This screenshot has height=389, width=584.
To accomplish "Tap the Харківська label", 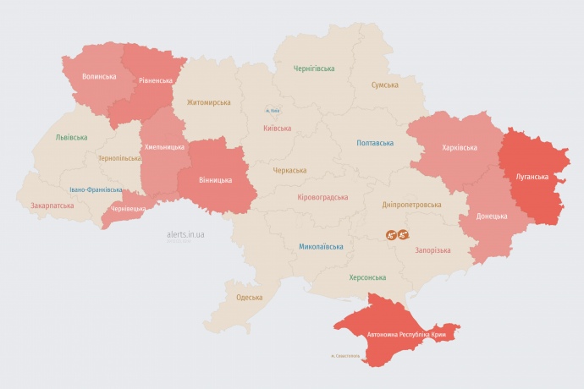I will pyautogui.click(x=459, y=147).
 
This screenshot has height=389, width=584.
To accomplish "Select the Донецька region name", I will pyautogui.click(x=492, y=216).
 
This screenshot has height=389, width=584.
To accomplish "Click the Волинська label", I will pyautogui.click(x=99, y=76).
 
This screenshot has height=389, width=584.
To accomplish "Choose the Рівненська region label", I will pyautogui.click(x=157, y=81).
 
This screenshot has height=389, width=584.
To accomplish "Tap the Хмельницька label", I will pyautogui.click(x=164, y=147).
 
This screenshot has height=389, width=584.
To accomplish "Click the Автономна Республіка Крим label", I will pyautogui.click(x=406, y=335).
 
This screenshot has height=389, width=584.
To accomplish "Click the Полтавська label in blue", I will pyautogui.click(x=374, y=143).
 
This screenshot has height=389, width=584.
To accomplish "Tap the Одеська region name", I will pyautogui.click(x=249, y=298).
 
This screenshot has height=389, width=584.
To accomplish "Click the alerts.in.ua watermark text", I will pyautogui.click(x=186, y=233).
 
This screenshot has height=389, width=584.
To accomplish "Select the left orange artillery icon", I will pyautogui.click(x=392, y=234).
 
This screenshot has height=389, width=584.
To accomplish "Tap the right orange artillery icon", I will pyautogui.click(x=404, y=234).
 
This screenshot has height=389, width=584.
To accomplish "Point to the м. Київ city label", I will pyautogui.click(x=272, y=110).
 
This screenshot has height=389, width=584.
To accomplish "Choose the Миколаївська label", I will pyautogui.click(x=321, y=247).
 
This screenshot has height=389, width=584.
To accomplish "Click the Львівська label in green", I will pyautogui.click(x=70, y=137).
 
